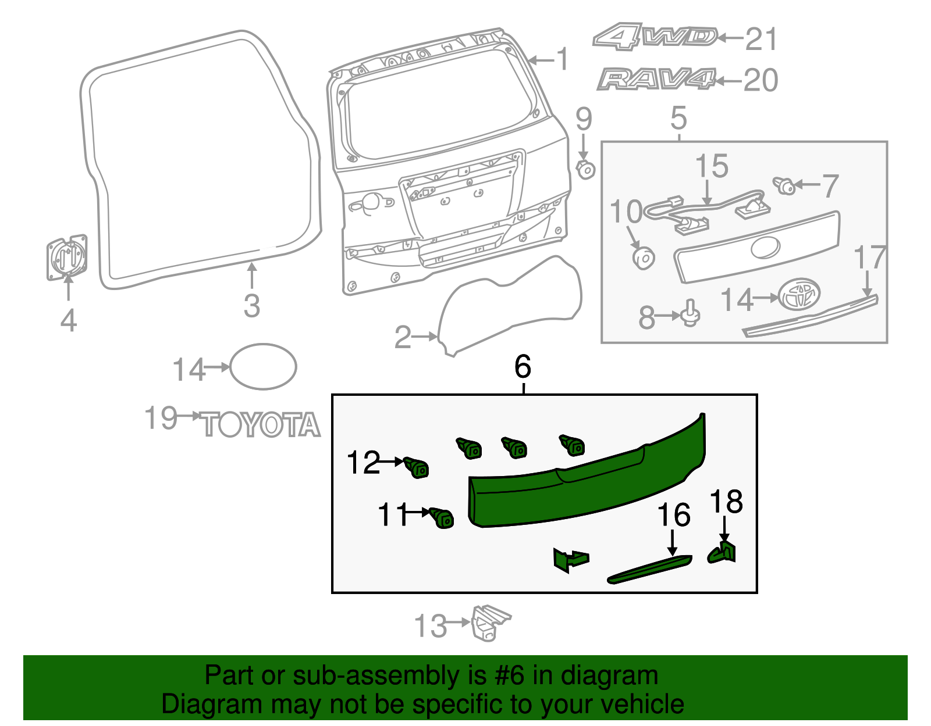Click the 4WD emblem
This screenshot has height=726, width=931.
655,37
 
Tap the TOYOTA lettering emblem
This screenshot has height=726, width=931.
261,425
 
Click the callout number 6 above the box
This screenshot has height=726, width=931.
523,367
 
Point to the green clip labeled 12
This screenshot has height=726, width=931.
417,467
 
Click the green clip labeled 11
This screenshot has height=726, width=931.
442,517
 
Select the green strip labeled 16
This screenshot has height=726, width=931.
649,568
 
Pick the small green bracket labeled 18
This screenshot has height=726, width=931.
723,552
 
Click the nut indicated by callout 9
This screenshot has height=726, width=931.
585,170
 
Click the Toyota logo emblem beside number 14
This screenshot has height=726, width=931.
800,295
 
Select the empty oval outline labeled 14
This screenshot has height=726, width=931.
263,366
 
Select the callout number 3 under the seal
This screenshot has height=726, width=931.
251,305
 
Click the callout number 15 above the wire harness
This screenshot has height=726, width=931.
712,166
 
